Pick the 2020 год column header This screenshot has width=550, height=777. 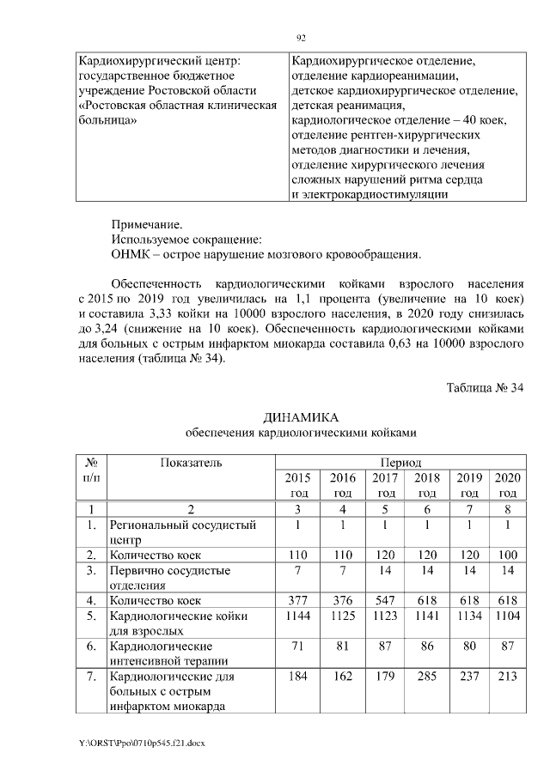508,485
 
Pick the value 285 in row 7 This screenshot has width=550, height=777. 427,677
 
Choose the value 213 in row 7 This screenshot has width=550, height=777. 508,677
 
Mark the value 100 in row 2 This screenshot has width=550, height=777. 508,555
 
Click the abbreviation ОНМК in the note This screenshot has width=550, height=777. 131,255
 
